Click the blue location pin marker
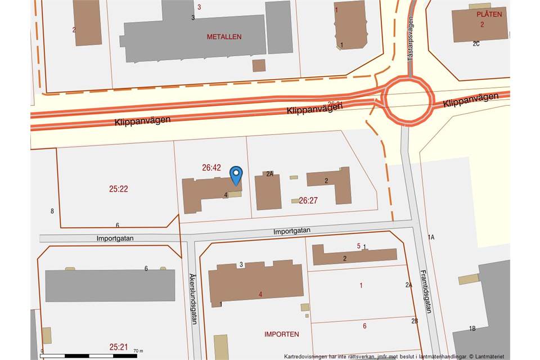236,175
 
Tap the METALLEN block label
224,37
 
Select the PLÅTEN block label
489,14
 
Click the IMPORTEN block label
281,334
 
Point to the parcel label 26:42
211,167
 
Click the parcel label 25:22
119,189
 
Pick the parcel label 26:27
308,200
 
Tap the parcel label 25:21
119,346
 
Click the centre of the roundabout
409,101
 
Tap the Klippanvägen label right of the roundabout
470,101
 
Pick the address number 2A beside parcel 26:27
269,174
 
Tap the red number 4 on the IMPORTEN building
260,294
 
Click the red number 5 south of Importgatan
359,245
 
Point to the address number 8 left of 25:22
52,211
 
